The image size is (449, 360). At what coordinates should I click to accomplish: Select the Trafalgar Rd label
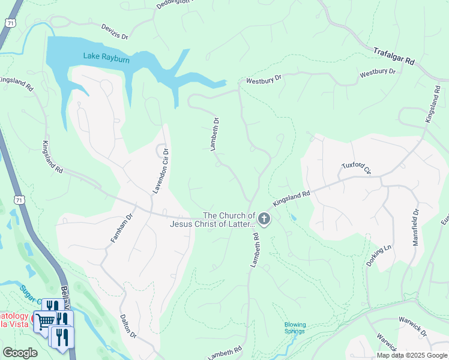coord(394,56)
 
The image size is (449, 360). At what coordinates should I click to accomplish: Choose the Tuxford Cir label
coord(357,167)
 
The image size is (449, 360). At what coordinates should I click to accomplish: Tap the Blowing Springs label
coord(295,328)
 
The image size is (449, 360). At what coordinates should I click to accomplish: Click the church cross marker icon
coord(264,220)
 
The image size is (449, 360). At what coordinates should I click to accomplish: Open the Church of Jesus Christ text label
coord(212,220)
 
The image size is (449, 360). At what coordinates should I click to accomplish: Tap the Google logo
coord(20,353)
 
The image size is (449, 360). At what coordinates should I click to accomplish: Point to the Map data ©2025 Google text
coord(412,355)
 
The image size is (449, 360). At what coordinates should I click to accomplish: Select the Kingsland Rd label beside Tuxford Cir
coord(292,198)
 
